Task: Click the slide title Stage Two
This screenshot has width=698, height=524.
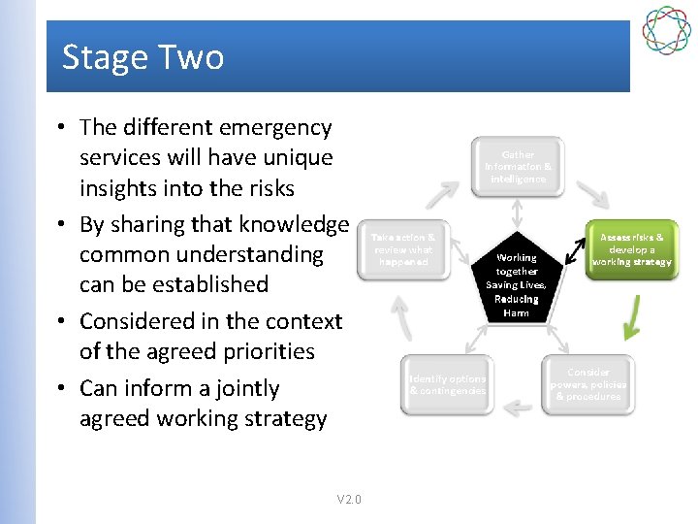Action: coord(143,57)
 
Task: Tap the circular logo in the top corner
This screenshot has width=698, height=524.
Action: coord(669,30)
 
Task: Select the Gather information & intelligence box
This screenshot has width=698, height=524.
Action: coord(518,167)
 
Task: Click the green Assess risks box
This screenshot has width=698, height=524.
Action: coord(632,249)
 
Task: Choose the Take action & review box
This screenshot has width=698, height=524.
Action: coord(403,249)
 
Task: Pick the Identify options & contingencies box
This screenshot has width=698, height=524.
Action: coord(447,384)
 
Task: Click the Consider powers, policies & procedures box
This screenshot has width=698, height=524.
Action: coord(588,384)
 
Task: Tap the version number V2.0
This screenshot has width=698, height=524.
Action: coord(349,500)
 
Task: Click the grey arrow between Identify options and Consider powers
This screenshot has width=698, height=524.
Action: coord(518,406)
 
